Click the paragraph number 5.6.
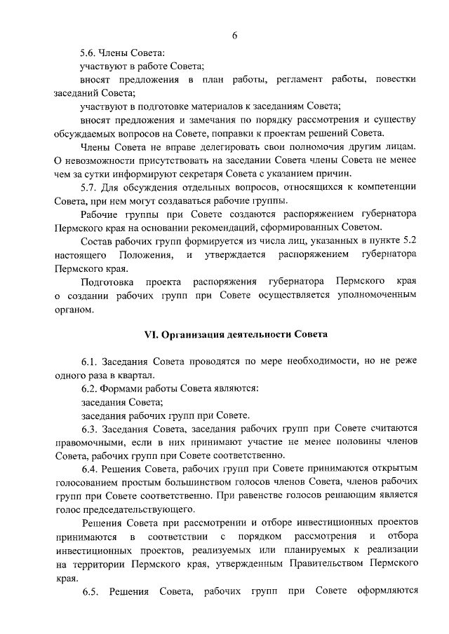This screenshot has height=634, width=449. coord(90,52)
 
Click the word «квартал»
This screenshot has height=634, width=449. coord(130,375)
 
